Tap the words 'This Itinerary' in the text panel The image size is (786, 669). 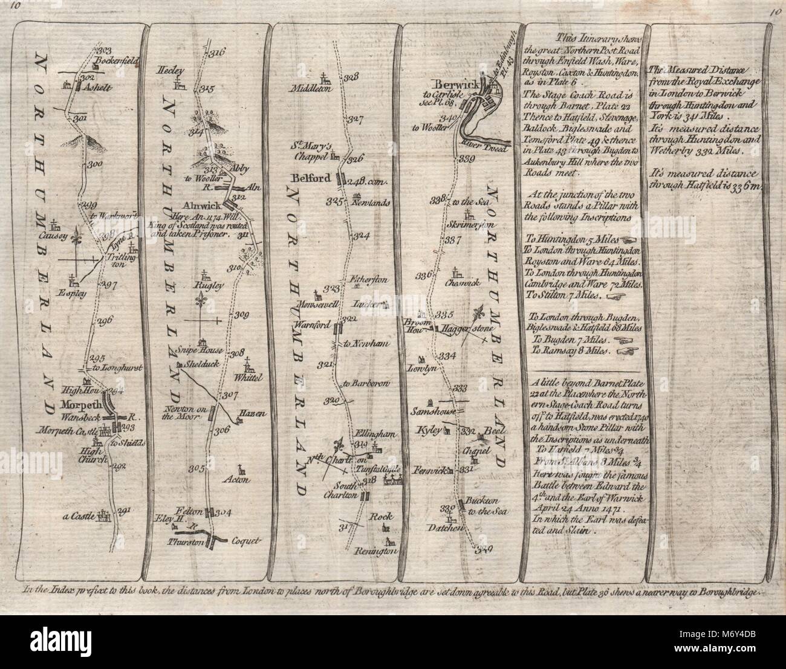570,37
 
